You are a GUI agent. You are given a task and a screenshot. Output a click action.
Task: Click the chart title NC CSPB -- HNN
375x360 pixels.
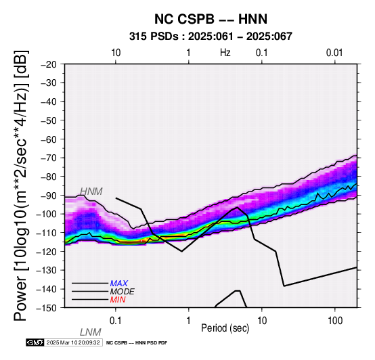[x=211, y=19]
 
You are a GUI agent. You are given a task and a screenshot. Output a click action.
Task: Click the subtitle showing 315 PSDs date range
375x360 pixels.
[x=211, y=37]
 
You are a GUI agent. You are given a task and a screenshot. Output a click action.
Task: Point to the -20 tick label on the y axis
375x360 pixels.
[x=49, y=64]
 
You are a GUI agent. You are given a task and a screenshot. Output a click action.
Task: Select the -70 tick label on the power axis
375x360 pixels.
[x=49, y=158]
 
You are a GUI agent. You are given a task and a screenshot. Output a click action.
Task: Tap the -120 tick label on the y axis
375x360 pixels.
[x=47, y=252]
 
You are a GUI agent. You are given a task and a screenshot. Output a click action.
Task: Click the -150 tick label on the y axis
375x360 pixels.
[x=47, y=308]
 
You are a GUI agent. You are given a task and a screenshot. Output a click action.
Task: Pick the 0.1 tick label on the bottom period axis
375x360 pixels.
[x=116, y=321]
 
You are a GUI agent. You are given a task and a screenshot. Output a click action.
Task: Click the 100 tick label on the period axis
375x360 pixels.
[x=335, y=321]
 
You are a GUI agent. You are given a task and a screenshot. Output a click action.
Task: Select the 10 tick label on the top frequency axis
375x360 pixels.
[x=116, y=53]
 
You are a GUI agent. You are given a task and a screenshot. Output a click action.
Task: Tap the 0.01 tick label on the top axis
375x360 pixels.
[x=334, y=53]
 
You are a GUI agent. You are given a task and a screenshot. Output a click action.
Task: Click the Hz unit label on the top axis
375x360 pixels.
[x=225, y=53]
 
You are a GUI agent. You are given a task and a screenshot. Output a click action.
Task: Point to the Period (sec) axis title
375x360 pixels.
[x=225, y=328]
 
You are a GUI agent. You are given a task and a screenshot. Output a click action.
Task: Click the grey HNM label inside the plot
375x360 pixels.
[x=91, y=192]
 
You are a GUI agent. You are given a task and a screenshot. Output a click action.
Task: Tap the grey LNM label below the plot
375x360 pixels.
[x=91, y=332]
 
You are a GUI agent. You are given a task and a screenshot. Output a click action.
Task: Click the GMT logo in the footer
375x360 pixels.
[x=35, y=342]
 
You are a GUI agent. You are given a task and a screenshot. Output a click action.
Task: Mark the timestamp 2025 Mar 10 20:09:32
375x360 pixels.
[x=73, y=342]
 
